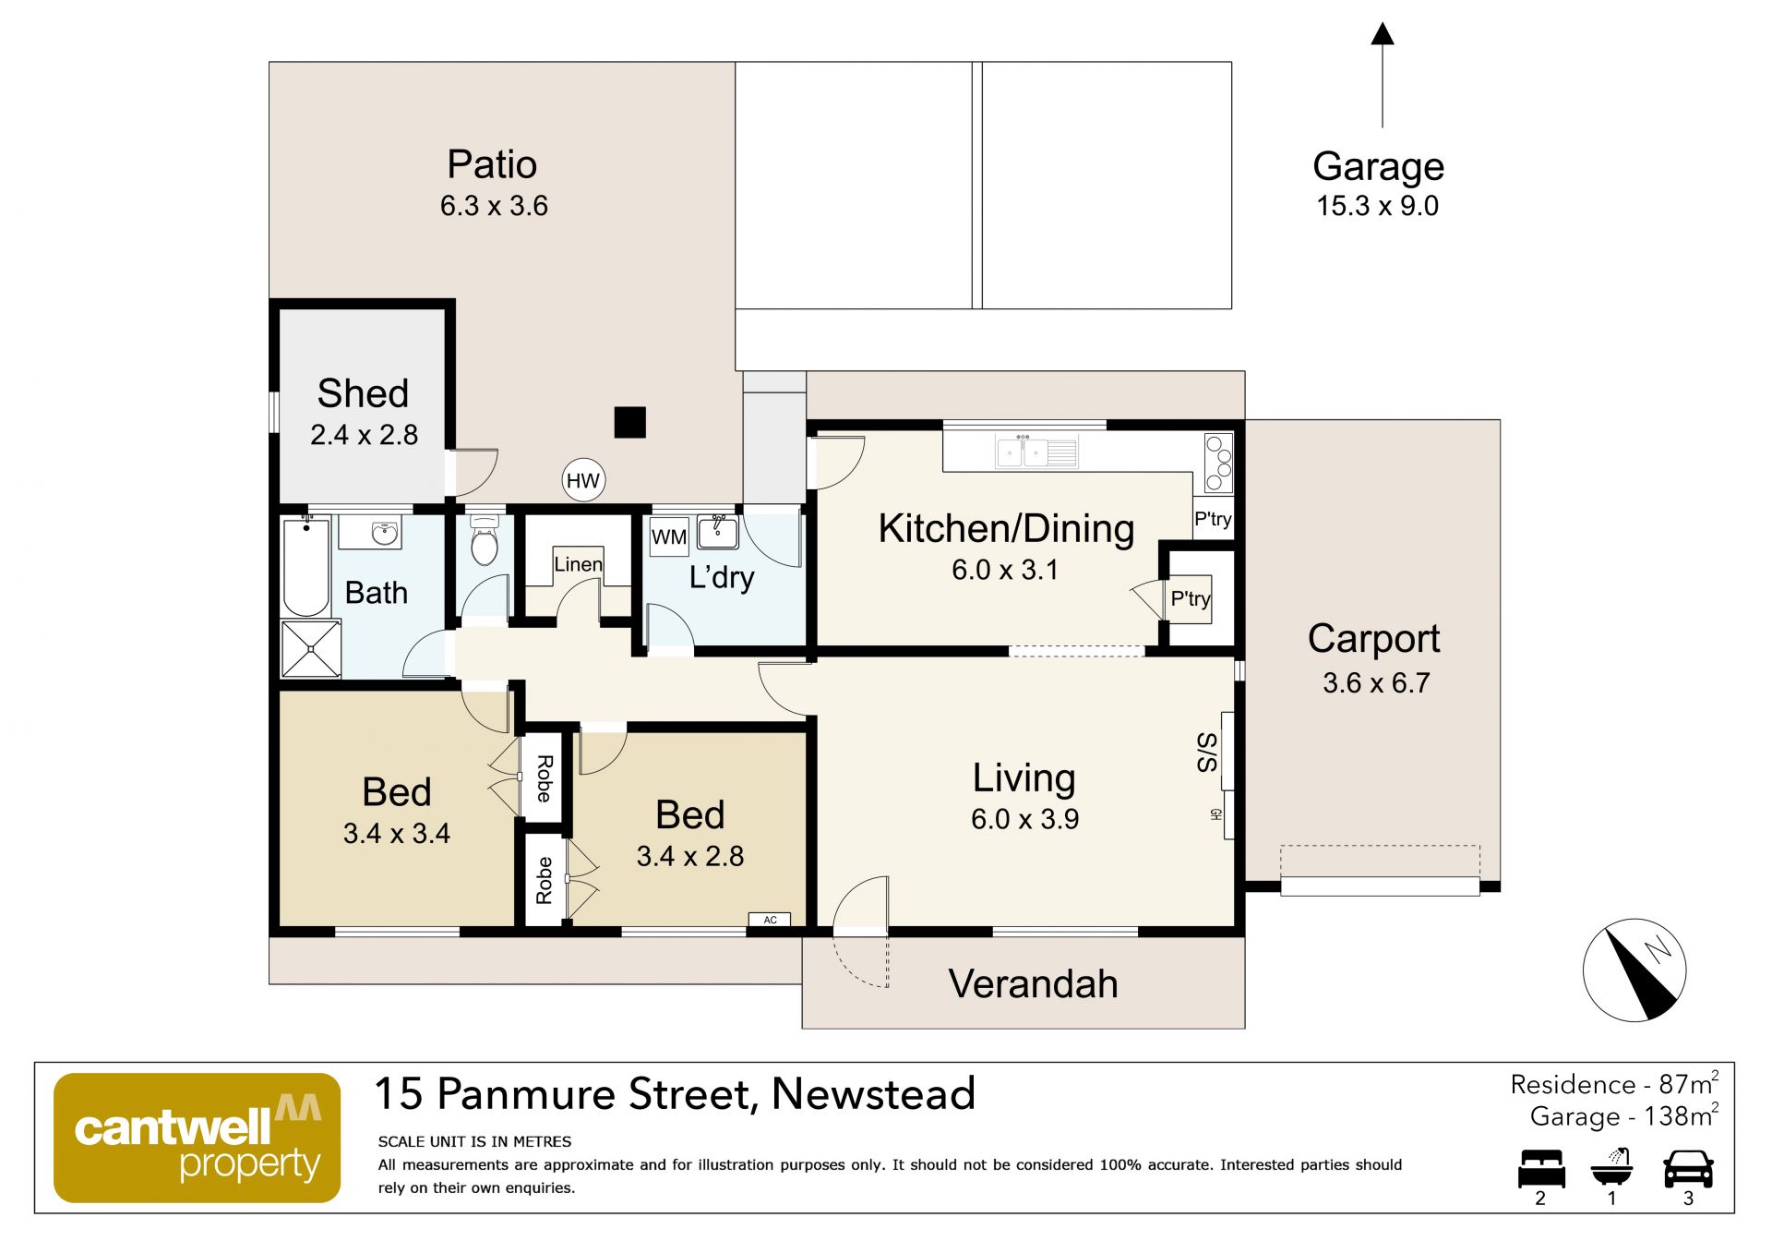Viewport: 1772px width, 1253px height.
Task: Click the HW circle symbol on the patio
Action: tap(583, 480)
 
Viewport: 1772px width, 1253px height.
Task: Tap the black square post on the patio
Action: tap(630, 422)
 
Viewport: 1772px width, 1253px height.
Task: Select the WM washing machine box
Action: tap(669, 536)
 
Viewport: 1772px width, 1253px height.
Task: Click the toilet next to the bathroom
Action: tap(485, 541)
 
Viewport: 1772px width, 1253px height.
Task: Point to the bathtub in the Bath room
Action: tap(306, 568)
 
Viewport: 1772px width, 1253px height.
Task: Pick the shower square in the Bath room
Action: tap(311, 649)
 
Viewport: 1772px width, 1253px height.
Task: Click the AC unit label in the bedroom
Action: tap(770, 920)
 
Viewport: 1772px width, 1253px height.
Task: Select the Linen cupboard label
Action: tap(579, 564)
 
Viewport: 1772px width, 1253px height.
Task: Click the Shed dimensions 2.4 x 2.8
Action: tap(364, 434)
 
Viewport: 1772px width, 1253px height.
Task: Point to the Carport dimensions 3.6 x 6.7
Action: tap(1376, 682)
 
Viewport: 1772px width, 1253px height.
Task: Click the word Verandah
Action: tap(1033, 983)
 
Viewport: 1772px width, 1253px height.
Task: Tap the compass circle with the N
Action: tap(1634, 970)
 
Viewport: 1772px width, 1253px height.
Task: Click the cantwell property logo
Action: tap(198, 1138)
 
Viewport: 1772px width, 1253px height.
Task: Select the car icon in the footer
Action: tap(1688, 1168)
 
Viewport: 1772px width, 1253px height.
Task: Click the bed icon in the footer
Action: tap(1542, 1168)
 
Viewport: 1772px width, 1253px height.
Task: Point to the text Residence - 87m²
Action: tap(1614, 1083)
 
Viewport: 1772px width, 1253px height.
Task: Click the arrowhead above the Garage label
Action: tap(1383, 34)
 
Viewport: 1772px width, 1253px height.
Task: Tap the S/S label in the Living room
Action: tap(1207, 753)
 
